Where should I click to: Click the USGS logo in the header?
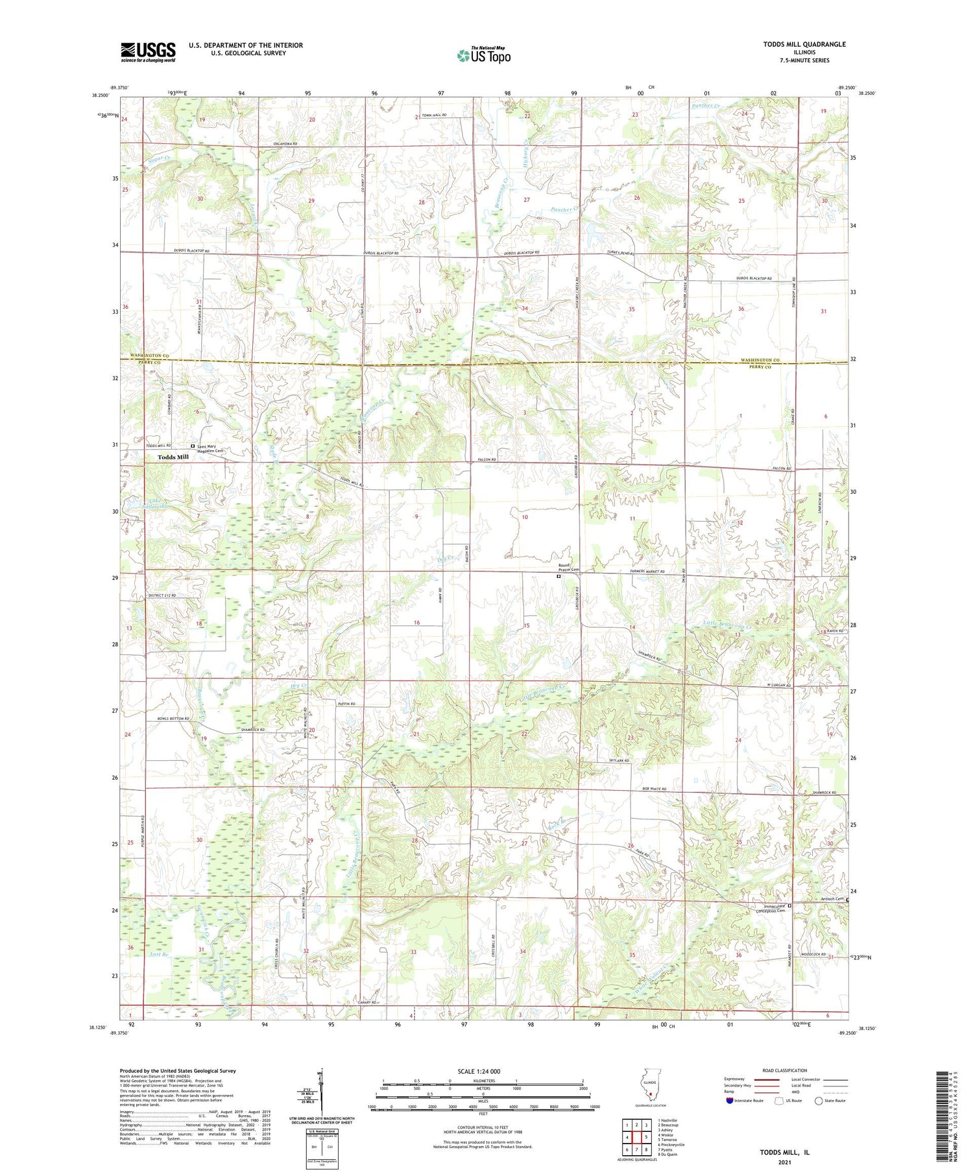(148, 52)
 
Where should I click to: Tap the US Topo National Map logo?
(483, 55)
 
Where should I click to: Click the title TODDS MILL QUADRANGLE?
(804, 44)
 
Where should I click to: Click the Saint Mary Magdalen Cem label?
(210, 449)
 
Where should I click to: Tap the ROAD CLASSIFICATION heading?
(785, 1070)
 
